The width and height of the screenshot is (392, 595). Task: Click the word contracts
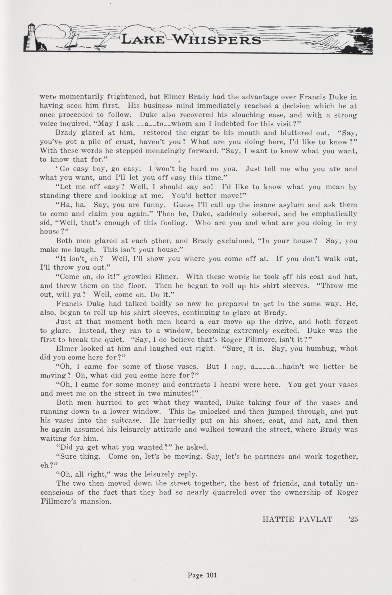[x=194, y=385]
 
